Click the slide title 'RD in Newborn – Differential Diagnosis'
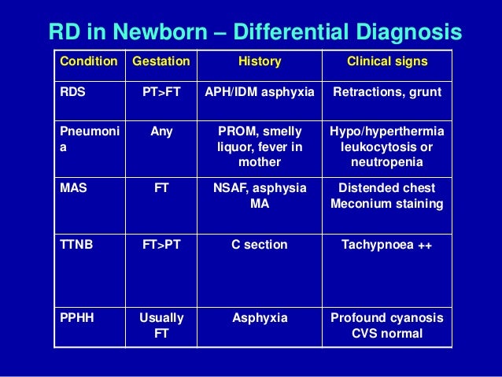255,31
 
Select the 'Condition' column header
89,61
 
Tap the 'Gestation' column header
161,61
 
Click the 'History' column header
259,61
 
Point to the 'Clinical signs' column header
387,61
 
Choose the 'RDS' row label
72,91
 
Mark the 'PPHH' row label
76,318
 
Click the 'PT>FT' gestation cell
161,91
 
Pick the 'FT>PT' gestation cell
161,245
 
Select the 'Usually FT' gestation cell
161,325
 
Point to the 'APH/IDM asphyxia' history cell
259,91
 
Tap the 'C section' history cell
259,245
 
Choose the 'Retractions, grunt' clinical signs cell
387,91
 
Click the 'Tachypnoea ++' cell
387,245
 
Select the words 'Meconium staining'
387,204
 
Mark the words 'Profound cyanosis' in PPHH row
387,318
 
